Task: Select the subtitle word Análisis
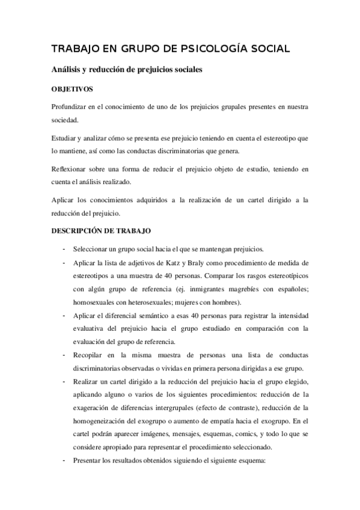point(69,69)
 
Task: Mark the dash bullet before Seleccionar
point(63,249)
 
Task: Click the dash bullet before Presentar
point(63,461)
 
